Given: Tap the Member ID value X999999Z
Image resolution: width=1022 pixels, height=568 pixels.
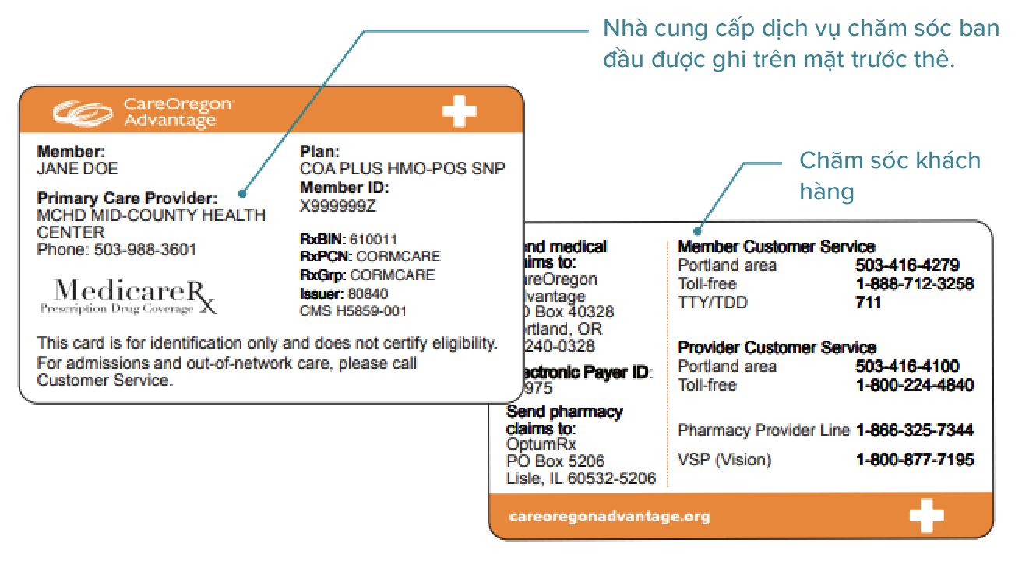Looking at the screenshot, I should [338, 205].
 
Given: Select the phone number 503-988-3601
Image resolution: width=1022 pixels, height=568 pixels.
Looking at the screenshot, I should [145, 251].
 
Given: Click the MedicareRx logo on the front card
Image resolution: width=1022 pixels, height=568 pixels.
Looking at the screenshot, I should [129, 296].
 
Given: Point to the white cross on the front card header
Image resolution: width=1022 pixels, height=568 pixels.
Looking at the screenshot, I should [459, 111].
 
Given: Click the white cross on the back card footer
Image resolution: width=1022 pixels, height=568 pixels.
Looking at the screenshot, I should [926, 517].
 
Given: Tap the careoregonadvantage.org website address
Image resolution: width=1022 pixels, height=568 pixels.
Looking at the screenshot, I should [609, 517].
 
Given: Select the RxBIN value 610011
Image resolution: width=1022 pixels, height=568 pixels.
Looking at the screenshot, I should [373, 239].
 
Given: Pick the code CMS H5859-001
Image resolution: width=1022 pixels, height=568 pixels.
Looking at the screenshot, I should [353, 311].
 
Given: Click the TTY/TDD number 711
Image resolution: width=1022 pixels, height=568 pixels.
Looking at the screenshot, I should [869, 302].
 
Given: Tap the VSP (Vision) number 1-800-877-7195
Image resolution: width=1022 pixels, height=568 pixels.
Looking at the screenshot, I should [915, 460].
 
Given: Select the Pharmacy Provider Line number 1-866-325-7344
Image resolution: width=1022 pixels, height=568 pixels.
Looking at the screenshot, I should [915, 430].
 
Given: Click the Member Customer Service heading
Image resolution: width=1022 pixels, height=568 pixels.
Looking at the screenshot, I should [776, 247].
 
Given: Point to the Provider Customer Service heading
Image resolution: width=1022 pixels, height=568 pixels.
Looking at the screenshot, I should [777, 348].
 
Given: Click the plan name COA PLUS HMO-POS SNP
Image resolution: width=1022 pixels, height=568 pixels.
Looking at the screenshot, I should [402, 169].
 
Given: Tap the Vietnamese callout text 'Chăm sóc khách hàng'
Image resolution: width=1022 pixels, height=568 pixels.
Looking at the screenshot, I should [890, 175].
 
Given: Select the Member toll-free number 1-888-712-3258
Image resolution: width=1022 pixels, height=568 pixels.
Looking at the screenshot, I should [915, 284].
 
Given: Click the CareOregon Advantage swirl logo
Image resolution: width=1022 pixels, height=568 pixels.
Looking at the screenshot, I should [84, 112].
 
